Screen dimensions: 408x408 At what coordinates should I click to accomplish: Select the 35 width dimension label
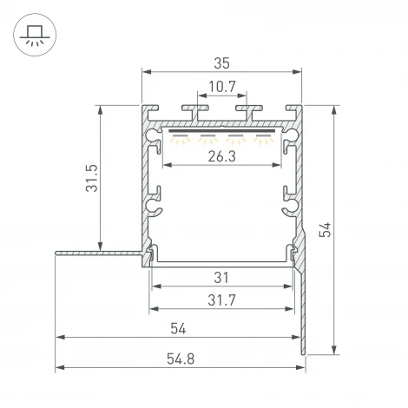coord(222,63)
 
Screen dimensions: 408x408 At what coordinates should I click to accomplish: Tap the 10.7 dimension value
coord(221,87)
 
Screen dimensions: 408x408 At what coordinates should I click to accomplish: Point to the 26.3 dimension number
coord(221,156)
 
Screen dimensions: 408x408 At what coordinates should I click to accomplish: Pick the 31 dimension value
coord(221,278)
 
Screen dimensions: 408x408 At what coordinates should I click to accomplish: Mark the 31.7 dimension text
coord(221,299)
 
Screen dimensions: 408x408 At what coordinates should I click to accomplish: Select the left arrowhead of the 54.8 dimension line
coord(59,369)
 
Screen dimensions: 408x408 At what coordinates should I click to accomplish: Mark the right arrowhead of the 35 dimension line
coord(300,73)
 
